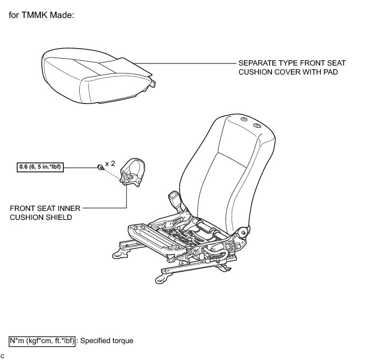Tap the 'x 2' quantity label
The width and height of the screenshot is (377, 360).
pos(110,164)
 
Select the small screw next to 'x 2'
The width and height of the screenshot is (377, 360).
pos(100,168)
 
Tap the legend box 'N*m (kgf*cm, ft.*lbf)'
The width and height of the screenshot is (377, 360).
pos(43,341)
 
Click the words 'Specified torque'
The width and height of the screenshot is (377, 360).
pos(107,341)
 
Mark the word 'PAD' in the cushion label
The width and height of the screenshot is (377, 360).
pos(330,71)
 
